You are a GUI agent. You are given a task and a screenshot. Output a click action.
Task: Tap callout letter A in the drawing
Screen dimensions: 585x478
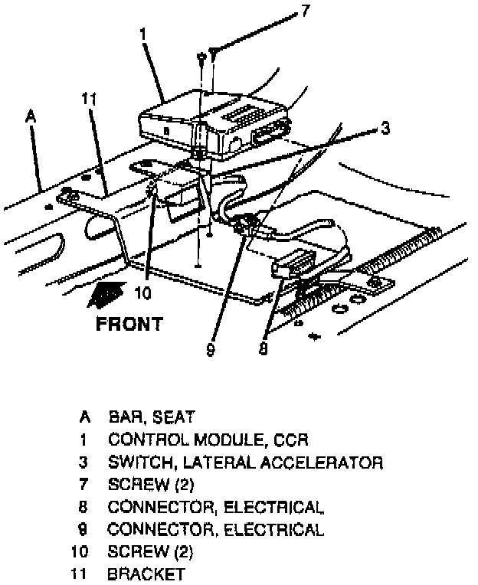point(30,116)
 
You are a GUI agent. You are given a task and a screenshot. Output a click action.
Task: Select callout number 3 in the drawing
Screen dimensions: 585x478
point(385,129)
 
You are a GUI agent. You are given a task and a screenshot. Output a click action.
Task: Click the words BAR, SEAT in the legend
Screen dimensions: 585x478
point(151,417)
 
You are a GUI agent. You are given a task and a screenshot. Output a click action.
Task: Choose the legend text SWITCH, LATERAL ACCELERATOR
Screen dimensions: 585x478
point(245,462)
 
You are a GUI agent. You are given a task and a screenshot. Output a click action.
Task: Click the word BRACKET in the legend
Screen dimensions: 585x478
point(147,573)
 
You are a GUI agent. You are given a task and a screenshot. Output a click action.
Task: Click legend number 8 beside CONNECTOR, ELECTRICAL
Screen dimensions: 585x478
point(83,506)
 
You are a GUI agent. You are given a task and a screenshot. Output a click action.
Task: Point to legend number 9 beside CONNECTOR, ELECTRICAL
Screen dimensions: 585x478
point(83,528)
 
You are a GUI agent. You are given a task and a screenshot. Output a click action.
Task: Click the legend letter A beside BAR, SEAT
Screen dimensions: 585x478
point(83,417)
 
